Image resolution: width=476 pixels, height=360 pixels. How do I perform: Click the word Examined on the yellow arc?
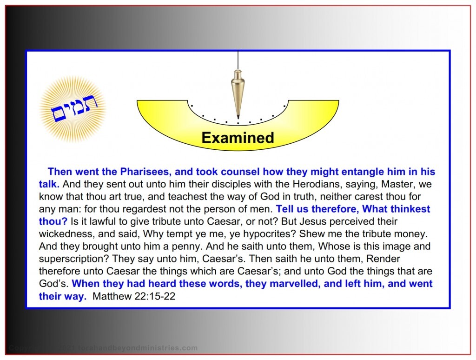pyautogui.click(x=238, y=138)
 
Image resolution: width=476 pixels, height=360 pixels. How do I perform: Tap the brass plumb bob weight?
pyautogui.click(x=238, y=91)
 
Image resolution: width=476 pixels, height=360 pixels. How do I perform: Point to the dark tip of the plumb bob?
pyautogui.click(x=238, y=116)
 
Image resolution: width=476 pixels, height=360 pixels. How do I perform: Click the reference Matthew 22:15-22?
pyautogui.click(x=134, y=296)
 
